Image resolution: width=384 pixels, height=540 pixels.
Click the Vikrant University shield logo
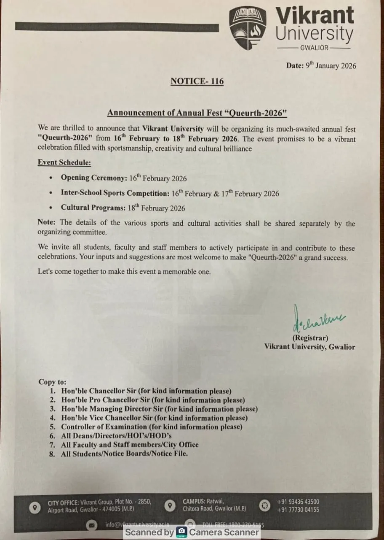tap(248, 28)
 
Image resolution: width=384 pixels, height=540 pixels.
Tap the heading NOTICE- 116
tap(197, 81)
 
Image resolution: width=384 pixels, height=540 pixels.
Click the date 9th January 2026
tap(331, 65)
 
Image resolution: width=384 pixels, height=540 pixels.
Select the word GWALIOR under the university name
tap(314, 48)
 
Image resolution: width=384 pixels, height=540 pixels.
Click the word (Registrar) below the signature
tap(310, 337)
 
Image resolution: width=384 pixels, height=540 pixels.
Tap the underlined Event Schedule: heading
tap(64, 162)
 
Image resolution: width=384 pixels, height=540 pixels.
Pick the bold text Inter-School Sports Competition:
tap(115, 193)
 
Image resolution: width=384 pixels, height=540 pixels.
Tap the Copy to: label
tap(53, 382)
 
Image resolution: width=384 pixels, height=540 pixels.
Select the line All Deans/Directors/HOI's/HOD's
tap(116, 435)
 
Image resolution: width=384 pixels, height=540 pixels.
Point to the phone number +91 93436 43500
tap(298, 502)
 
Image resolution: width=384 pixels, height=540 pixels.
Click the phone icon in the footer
tap(264, 505)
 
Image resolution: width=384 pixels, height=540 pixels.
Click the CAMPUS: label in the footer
tap(194, 502)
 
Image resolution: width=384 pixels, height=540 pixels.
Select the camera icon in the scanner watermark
tap(181, 532)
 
